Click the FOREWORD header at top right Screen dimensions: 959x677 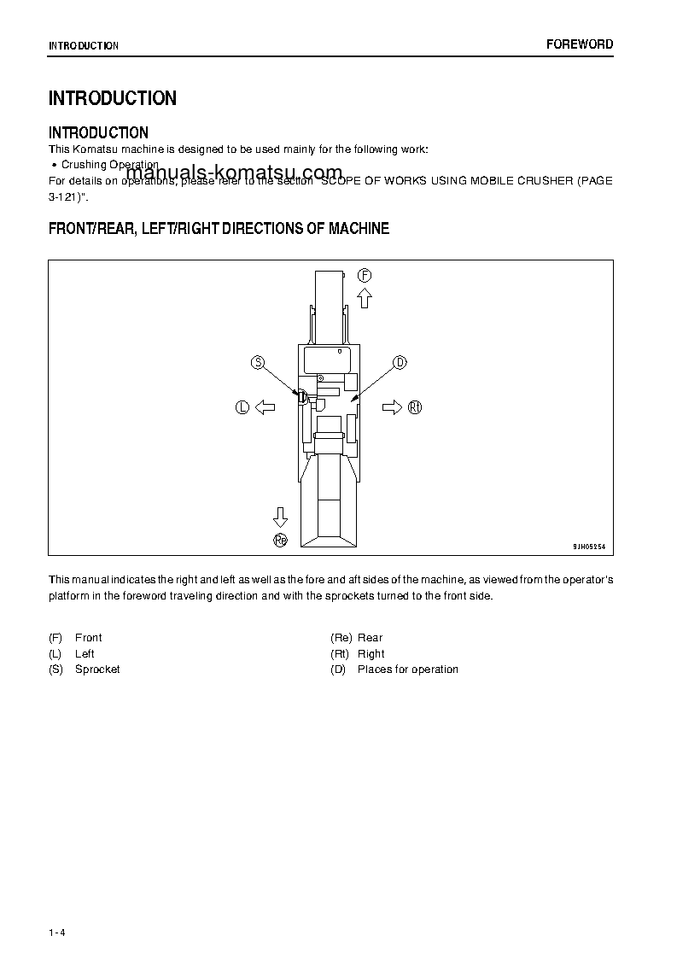coord(580,44)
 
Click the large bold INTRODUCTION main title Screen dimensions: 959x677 coord(113,98)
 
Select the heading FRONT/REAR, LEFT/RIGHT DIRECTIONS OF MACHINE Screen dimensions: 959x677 coord(219,229)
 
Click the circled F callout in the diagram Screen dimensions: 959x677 coord(365,275)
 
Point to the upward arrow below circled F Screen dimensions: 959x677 coord(365,298)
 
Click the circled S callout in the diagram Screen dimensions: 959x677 coord(258,363)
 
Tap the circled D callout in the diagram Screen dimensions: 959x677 coord(400,363)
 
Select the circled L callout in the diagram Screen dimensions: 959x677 coord(242,408)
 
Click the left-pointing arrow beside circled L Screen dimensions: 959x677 coord(265,408)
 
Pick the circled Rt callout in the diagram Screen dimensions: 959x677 coord(415,407)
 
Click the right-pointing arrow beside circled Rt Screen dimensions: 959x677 coord(391,407)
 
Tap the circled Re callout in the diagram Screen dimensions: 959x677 coord(280,539)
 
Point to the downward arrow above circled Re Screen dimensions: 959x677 coord(280,516)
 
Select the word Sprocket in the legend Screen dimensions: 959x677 coord(97,670)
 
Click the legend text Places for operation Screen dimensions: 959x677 coord(407,670)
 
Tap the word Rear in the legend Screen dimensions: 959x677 coord(370,638)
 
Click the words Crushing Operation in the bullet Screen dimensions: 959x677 coord(110,165)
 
